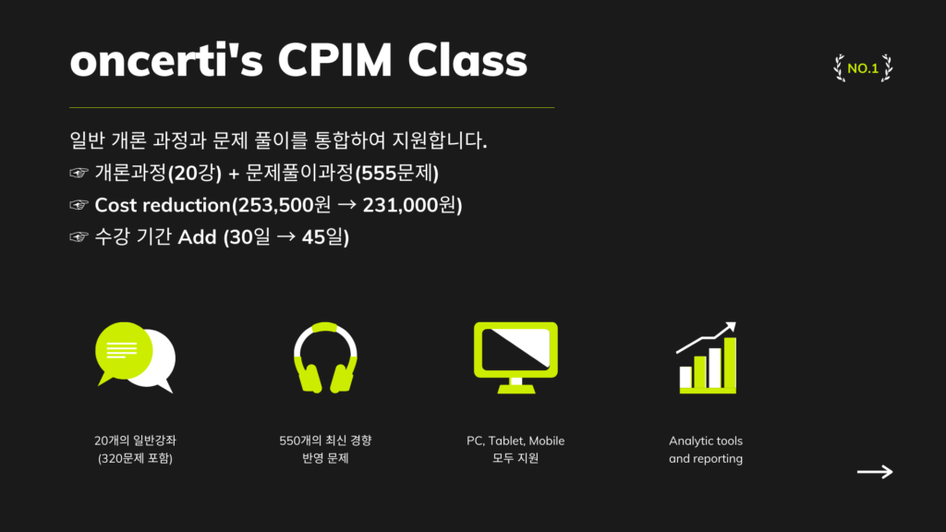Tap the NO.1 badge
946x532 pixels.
[863, 68]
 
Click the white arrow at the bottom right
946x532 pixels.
[875, 472]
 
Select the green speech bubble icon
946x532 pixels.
[124, 352]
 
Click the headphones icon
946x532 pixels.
[325, 357]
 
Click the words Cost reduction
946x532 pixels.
[163, 205]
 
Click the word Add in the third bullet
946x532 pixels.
[197, 237]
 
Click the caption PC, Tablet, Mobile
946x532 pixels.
[515, 441]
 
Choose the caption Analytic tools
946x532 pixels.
[706, 441]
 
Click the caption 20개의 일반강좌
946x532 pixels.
[135, 441]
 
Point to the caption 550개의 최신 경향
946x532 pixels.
[325, 441]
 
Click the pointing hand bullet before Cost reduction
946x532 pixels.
[79, 205]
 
